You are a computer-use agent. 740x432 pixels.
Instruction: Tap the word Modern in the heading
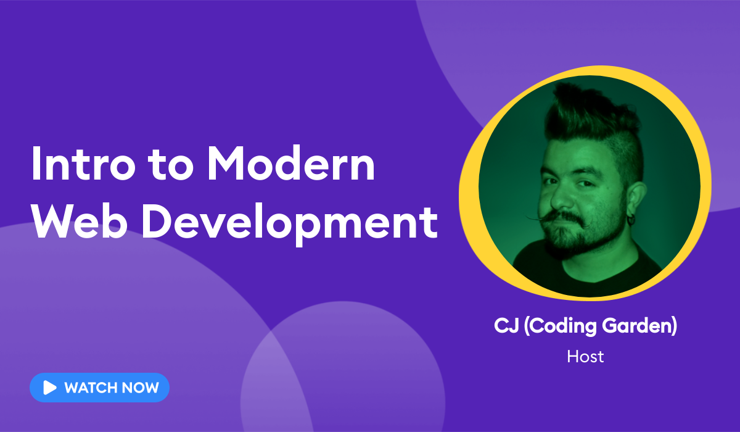290,165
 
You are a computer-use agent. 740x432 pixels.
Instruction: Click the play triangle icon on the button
49,388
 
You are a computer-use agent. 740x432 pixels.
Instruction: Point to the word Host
585,356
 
